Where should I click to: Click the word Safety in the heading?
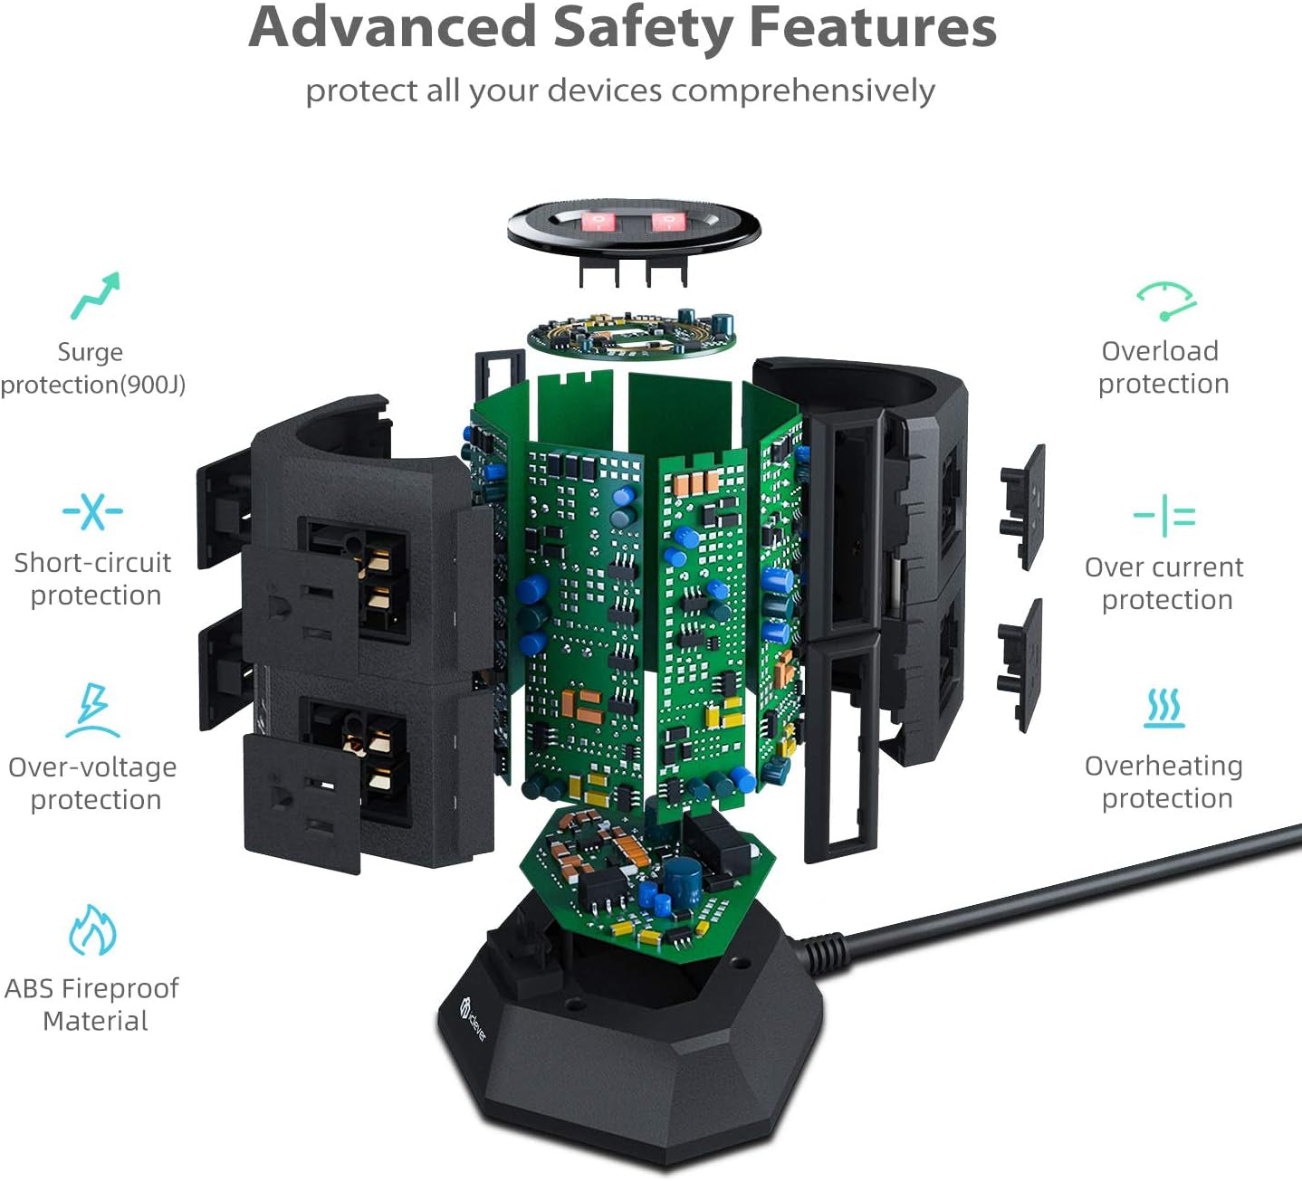643,30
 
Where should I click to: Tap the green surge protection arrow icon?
95,295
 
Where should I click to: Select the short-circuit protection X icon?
92,511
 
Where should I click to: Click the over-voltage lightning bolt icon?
93,710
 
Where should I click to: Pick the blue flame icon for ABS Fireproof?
92,930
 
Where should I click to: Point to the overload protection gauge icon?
1166,301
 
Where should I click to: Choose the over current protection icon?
1164,516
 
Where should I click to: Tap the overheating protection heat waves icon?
1163,708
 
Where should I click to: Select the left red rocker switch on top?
598,223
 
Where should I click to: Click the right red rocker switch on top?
666,222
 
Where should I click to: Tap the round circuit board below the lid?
631,333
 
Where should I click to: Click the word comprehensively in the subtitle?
803,90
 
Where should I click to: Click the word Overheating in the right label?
1163,766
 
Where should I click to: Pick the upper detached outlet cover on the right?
1022,508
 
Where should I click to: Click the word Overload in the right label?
1160,351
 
